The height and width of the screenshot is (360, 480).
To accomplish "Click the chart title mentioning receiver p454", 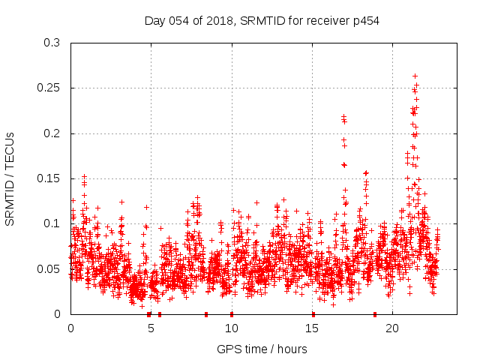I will pyautogui.click(x=262, y=20).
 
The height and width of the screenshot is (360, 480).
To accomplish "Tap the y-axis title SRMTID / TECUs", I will pyautogui.click(x=10, y=178).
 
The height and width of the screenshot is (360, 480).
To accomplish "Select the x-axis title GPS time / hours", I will pyautogui.click(x=262, y=349).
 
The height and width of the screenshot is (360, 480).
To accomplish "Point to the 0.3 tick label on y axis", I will pyautogui.click(x=52, y=43).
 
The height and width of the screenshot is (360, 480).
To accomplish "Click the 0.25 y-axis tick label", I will pyautogui.click(x=49, y=88).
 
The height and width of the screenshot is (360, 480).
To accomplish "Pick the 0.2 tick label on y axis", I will pyautogui.click(x=52, y=133).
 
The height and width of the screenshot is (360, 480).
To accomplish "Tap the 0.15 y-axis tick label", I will pyautogui.click(x=49, y=178).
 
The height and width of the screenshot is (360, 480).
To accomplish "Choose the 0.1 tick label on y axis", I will pyautogui.click(x=52, y=223).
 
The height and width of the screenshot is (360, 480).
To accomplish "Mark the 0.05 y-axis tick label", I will pyautogui.click(x=49, y=268).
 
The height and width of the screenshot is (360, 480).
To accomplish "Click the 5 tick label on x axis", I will pyautogui.click(x=151, y=328).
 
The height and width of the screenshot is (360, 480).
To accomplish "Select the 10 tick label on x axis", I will pyautogui.click(x=231, y=328).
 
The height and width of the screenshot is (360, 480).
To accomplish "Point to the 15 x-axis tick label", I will pyautogui.click(x=312, y=328).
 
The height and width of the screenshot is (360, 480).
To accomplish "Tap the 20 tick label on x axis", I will pyautogui.click(x=392, y=328).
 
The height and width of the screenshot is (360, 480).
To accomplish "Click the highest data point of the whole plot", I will pyautogui.click(x=415, y=76).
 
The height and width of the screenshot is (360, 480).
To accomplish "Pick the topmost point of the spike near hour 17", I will pyautogui.click(x=343, y=116).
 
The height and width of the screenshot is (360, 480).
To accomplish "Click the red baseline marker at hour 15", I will pyautogui.click(x=313, y=314).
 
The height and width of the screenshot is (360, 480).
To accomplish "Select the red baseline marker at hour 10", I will pyautogui.click(x=232, y=314).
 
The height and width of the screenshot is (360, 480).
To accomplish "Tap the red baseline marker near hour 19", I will pyautogui.click(x=375, y=314).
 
